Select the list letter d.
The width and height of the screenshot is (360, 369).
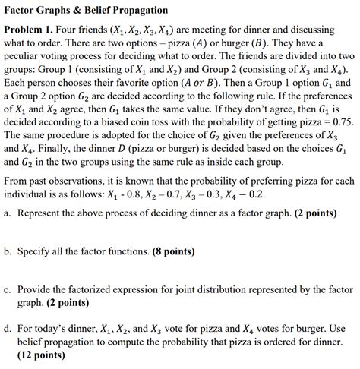[x=7, y=328]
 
